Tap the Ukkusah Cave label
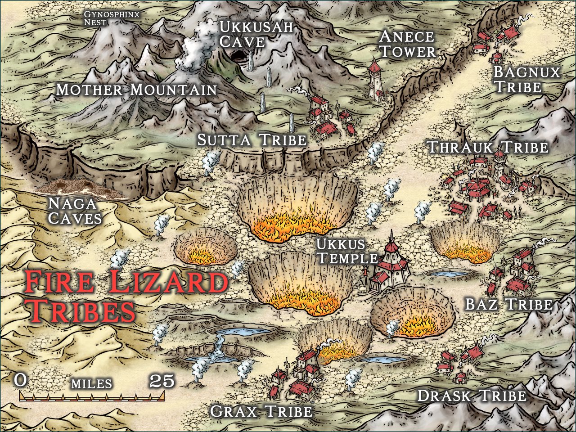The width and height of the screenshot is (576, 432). pos(256,34)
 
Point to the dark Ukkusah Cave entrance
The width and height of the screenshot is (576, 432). pos(240,58)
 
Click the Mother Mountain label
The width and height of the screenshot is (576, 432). pos(136,90)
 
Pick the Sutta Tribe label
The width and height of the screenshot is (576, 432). pos(252,140)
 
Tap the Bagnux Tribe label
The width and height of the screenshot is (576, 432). pos(526,79)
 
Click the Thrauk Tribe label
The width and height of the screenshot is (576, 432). pos(487,147)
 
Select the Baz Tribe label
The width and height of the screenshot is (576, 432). pos(508,304)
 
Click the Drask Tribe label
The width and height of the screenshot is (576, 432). pos(472,396)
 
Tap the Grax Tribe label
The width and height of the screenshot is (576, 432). pos(261,411)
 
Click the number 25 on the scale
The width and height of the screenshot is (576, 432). pos(162,381)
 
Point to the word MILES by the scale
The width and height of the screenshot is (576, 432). pos(91,383)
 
